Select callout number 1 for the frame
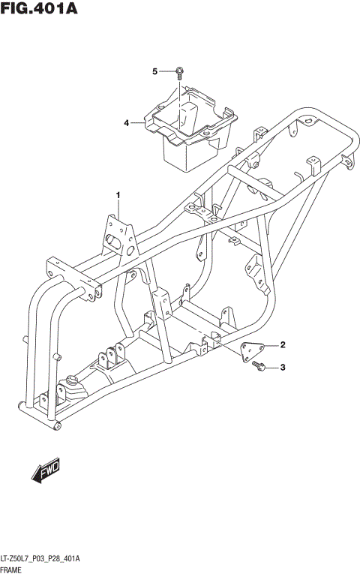(118, 196)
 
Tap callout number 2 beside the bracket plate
(283, 346)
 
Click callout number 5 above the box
(155, 72)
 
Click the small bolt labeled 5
(179, 73)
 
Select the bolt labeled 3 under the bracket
(258, 365)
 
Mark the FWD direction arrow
(46, 470)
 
